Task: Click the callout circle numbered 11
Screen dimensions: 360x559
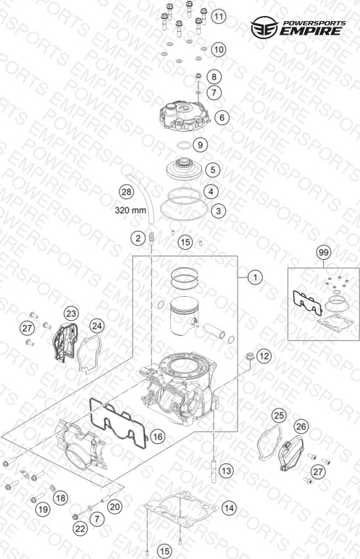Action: click(218, 17)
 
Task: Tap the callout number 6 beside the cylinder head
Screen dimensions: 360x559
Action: click(222, 117)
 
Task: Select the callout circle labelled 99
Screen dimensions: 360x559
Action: click(324, 253)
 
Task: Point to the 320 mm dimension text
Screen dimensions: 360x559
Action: click(130, 210)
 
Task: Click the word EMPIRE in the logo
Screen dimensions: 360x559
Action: click(310, 31)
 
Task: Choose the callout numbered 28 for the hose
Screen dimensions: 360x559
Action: click(126, 192)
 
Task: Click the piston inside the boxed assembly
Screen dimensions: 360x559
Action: click(184, 316)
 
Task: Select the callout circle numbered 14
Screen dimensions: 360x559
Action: click(229, 508)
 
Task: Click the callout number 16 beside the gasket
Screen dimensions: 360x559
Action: click(157, 437)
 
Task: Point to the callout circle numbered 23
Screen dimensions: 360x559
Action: click(71, 314)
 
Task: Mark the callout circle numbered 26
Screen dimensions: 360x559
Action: click(301, 426)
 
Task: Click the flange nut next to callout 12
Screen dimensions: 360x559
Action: click(249, 356)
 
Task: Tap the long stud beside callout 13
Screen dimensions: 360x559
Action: click(214, 471)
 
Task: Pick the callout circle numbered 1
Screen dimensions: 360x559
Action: click(255, 277)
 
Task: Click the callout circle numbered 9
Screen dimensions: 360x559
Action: click(200, 145)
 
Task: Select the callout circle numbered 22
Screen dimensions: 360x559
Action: click(80, 529)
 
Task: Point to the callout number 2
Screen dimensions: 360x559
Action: click(138, 238)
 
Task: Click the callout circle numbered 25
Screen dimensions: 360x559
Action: click(280, 416)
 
